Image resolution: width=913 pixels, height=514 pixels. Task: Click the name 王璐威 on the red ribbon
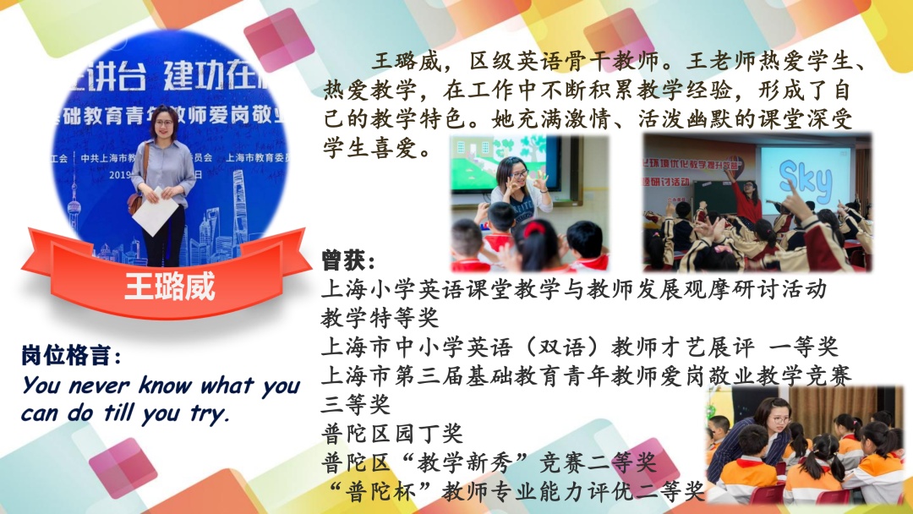(169, 286)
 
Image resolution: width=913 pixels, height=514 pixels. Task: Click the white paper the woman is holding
(156, 211)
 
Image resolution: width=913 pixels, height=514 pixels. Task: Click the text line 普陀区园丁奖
(392, 434)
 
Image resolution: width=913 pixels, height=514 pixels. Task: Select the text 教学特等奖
(380, 318)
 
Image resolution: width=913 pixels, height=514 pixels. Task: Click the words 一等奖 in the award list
(804, 347)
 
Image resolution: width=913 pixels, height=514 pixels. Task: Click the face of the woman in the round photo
(164, 123)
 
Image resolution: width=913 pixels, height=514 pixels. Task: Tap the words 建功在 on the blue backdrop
(210, 76)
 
